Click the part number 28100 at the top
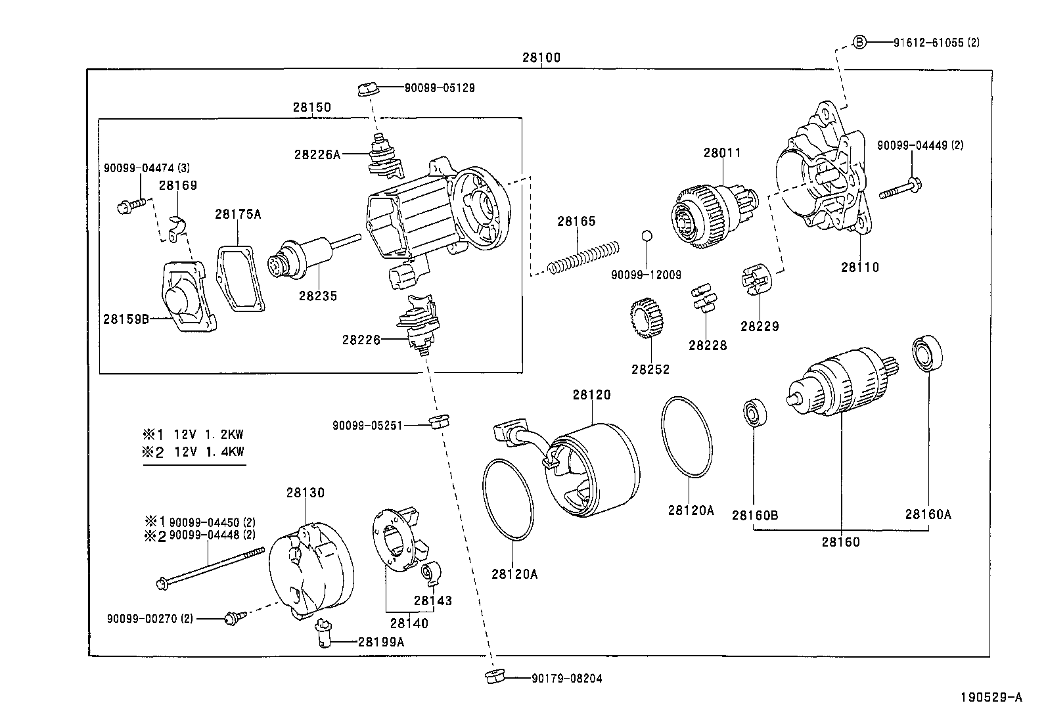click(541, 57)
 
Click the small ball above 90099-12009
click(647, 235)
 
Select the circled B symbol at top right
click(859, 42)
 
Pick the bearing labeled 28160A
click(928, 353)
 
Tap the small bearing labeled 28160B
click(752, 413)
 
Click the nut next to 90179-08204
click(492, 677)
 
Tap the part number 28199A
click(380, 642)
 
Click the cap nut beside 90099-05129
click(367, 88)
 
